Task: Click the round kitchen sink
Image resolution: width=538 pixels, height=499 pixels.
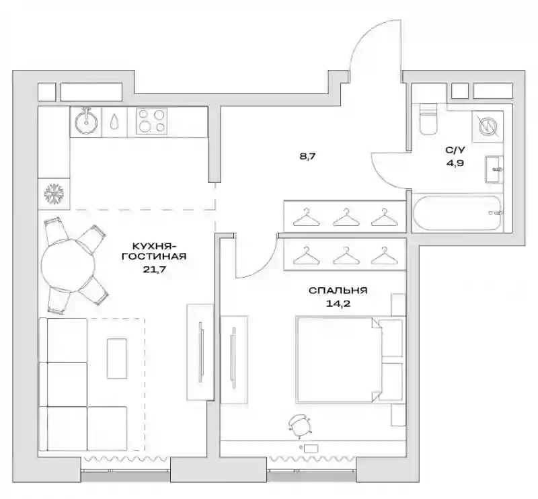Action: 87,122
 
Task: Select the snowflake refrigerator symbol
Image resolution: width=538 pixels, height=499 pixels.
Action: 54,193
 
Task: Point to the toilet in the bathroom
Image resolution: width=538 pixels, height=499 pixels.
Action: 428,118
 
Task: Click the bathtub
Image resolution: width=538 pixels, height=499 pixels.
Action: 458,213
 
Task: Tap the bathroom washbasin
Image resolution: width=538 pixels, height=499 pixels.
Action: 494,169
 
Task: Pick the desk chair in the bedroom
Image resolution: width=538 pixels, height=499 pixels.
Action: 300,426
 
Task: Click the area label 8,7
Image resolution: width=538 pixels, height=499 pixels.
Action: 307,157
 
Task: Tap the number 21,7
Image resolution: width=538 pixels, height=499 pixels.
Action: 155,269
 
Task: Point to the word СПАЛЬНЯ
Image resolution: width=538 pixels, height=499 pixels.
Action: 338,291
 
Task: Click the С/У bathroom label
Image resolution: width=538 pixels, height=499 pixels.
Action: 455,150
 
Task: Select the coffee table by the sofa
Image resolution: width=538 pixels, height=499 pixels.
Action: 117,358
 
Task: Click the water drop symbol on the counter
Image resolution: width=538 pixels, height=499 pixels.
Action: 114,122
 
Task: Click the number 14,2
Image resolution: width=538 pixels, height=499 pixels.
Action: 338,304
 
